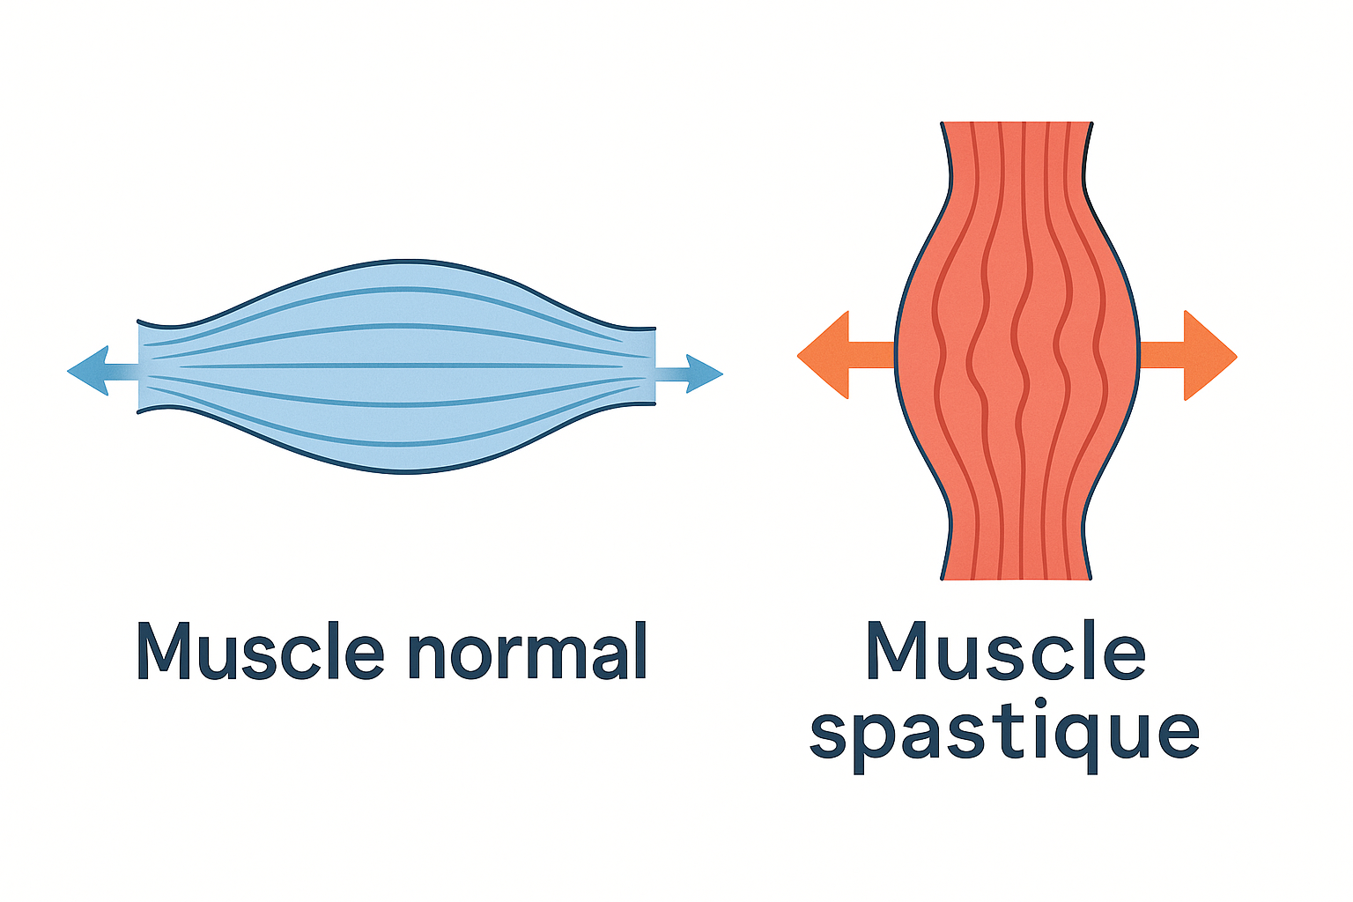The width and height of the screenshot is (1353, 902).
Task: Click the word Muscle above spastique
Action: pos(1005,651)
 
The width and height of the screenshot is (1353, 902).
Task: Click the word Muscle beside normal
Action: pos(261,651)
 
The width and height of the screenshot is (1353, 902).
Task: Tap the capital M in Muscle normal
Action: pos(165,651)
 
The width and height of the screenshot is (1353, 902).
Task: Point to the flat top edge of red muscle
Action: pos(1017,122)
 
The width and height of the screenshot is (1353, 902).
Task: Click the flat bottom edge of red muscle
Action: pos(1017,579)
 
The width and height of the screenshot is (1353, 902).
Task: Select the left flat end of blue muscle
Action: pos(139,366)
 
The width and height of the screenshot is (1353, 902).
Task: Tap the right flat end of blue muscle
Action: pos(655,366)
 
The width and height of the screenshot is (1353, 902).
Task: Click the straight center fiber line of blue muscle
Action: pos(396,366)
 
